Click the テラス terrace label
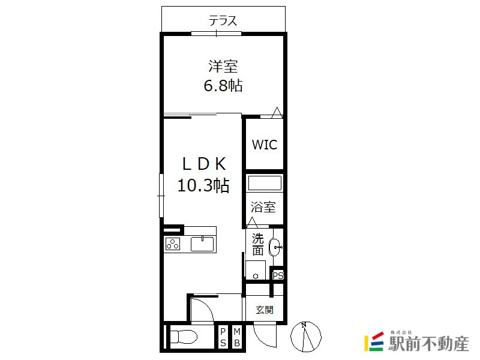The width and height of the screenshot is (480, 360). pos(223,21)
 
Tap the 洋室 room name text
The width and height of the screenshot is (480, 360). pos(223,66)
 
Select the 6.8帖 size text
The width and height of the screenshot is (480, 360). pos(223,85)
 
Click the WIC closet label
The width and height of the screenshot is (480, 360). pos(265,145)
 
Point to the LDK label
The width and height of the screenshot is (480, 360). pos(204,164)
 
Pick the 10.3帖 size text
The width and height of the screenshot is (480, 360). pos(203,185)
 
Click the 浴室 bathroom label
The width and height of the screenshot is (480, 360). pos(263,207)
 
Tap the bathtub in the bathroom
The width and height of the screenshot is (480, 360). pos(265,183)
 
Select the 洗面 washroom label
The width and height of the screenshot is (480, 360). pos(258,244)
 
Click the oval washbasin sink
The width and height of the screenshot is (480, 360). pos(275,247)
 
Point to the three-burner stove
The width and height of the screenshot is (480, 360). pos(173,244)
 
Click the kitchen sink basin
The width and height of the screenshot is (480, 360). pos(202,244)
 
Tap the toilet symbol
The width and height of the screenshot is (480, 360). pos(183,338)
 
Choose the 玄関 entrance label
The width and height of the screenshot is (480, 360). pos(265,310)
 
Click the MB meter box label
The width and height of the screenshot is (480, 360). pos(237,337)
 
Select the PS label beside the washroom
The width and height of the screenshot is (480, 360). pos(278,275)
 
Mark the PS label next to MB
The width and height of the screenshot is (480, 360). pos(223,337)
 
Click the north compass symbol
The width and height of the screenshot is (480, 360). pos(306,337)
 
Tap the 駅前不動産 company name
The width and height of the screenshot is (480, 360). pos(428,343)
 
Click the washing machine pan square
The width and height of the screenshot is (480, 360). pos(256,270)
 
